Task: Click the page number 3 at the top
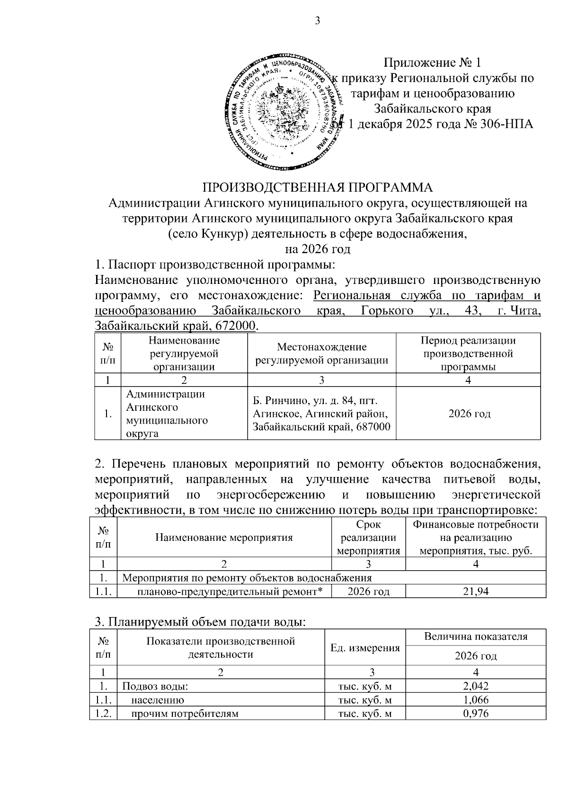318,21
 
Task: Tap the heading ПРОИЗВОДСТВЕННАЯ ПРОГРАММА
318,187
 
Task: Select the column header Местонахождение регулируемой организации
322,353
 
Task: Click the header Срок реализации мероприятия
368,538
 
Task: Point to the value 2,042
476,686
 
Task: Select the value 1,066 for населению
476,700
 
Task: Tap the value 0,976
476,714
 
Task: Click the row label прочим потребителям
185,714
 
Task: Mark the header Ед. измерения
365,648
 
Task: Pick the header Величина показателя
476,637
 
